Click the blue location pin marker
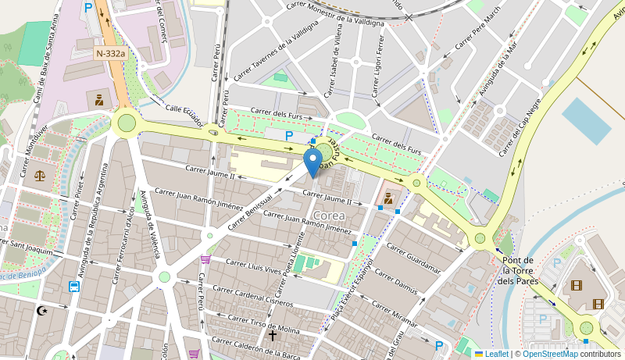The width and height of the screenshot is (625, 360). pos(312,162)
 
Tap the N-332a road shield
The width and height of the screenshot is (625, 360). pos(110,53)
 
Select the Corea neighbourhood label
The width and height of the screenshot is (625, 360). pos(328,216)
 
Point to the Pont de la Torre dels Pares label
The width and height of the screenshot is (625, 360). pos(517,270)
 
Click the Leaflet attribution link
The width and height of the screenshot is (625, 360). pos(491,354)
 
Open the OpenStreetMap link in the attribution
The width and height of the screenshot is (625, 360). pos(550,354)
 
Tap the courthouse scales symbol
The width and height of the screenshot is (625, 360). pos(40,175)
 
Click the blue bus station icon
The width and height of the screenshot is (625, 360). pos(74,286)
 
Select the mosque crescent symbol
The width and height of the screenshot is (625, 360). pos(42,311)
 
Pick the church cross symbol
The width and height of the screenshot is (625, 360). pos(273,336)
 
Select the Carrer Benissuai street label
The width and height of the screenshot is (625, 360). pos(254,209)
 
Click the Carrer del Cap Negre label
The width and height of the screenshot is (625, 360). pos(520,127)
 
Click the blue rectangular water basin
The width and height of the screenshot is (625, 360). pos(586,121)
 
